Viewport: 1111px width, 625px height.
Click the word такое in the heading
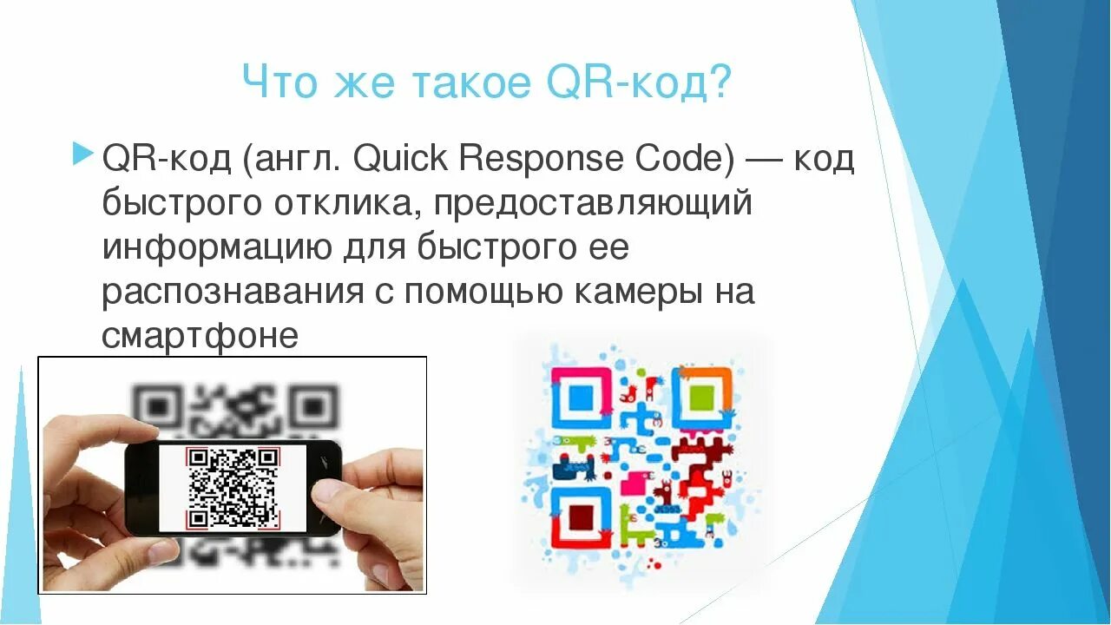(x=469, y=83)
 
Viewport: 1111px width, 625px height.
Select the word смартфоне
(x=200, y=335)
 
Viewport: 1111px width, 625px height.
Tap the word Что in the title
(x=277, y=83)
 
